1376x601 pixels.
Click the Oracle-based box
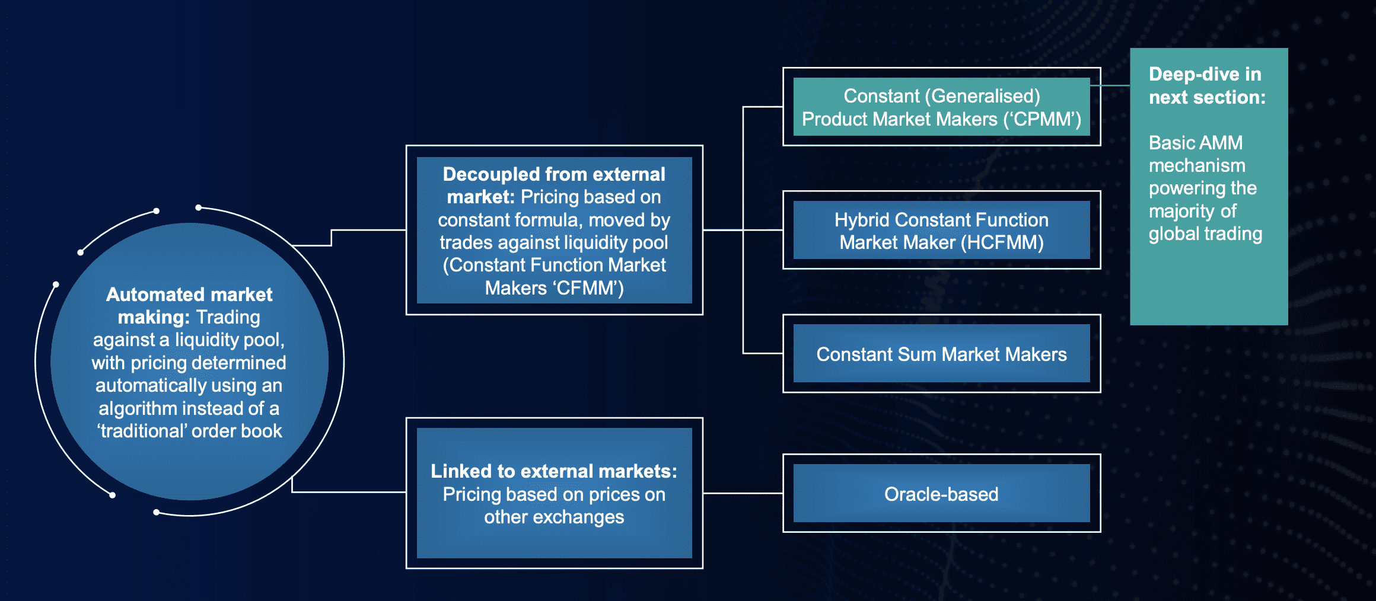point(941,493)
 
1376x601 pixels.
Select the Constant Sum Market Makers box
point(941,353)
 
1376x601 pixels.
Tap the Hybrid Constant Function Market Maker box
point(941,230)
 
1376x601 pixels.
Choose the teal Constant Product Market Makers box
point(941,107)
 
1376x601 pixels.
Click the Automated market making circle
point(189,362)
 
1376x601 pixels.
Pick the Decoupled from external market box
point(554,230)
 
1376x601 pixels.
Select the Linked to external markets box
point(554,493)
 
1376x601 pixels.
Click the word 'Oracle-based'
point(941,494)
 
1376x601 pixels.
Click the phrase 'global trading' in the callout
point(1205,234)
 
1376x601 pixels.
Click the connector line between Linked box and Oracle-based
point(743,493)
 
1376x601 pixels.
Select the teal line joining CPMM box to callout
point(1110,85)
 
